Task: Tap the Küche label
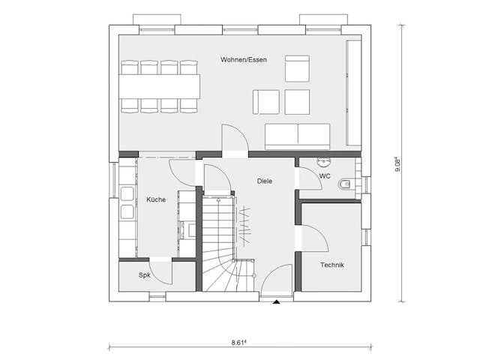click(156, 199)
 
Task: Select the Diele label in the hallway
click(265, 181)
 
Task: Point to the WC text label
click(325, 176)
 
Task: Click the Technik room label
click(332, 265)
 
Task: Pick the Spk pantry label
click(144, 275)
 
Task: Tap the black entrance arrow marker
click(277, 302)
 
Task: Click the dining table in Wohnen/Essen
click(160, 86)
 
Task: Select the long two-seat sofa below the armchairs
click(297, 136)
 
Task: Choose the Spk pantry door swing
click(161, 271)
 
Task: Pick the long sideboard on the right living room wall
click(352, 93)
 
